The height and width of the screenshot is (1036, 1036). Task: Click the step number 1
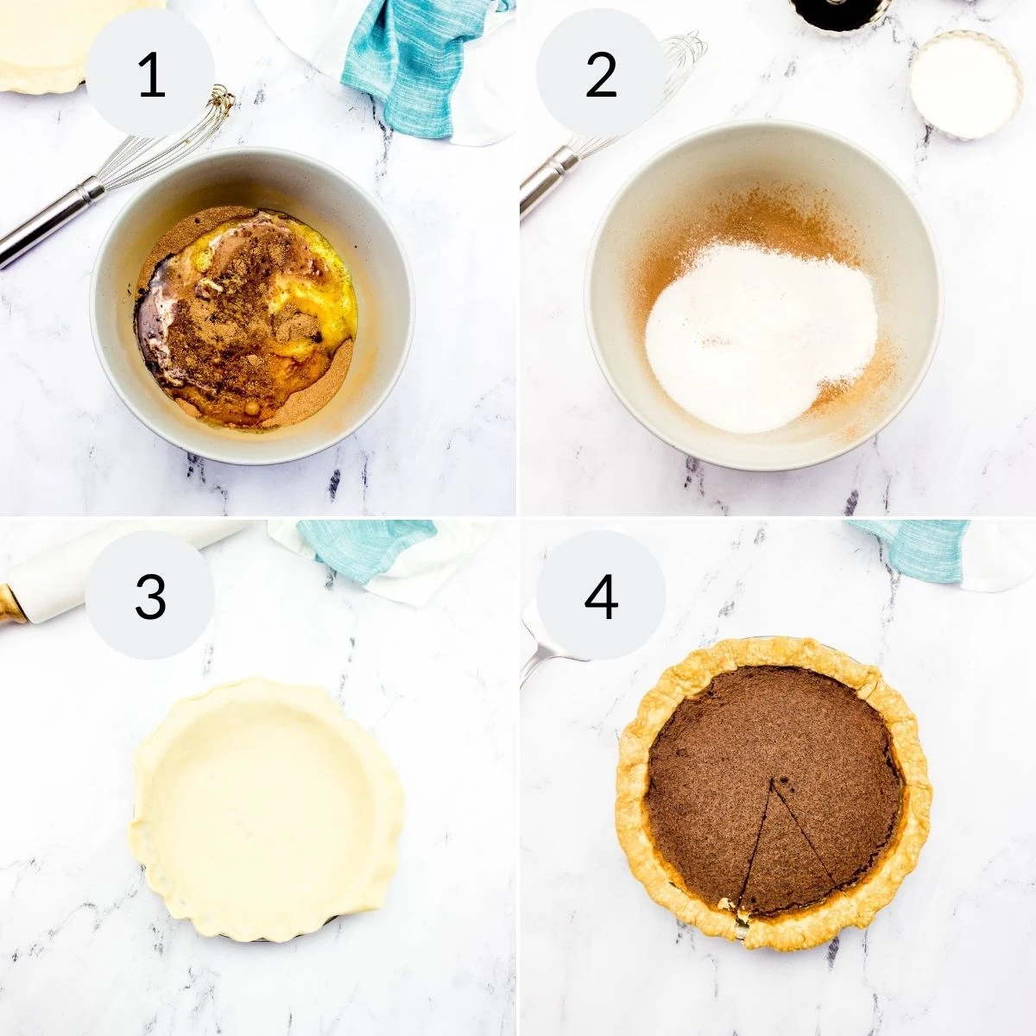151,75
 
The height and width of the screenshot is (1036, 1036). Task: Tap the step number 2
601,75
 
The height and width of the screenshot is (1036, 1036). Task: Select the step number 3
151,596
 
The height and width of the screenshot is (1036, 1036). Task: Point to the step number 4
601,596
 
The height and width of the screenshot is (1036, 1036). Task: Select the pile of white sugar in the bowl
760,337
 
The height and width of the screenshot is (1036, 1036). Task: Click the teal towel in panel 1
406,60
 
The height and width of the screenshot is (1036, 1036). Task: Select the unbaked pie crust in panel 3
263,807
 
